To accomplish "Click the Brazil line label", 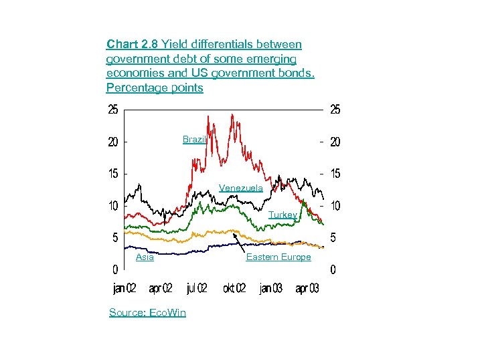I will (x=195, y=140).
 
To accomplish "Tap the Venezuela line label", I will (x=241, y=189).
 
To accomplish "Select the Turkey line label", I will (x=283, y=215).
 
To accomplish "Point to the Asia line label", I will (x=145, y=257).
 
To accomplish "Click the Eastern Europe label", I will (x=278, y=257).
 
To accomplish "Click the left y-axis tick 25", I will (x=114, y=110).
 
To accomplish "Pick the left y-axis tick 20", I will (x=114, y=142).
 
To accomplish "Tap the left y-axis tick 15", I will (x=114, y=174).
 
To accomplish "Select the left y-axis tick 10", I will (x=114, y=205).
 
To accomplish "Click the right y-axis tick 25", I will (x=335, y=110).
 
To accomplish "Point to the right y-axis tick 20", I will (x=335, y=142).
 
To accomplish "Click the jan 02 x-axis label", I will (x=125, y=289).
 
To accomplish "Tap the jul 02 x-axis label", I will (x=197, y=289).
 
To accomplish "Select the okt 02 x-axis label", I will (x=234, y=289).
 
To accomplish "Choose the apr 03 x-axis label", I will (x=307, y=289).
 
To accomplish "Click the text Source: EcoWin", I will (x=147, y=312).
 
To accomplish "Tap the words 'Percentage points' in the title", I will (x=155, y=88).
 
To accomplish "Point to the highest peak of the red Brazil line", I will (x=232, y=114).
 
